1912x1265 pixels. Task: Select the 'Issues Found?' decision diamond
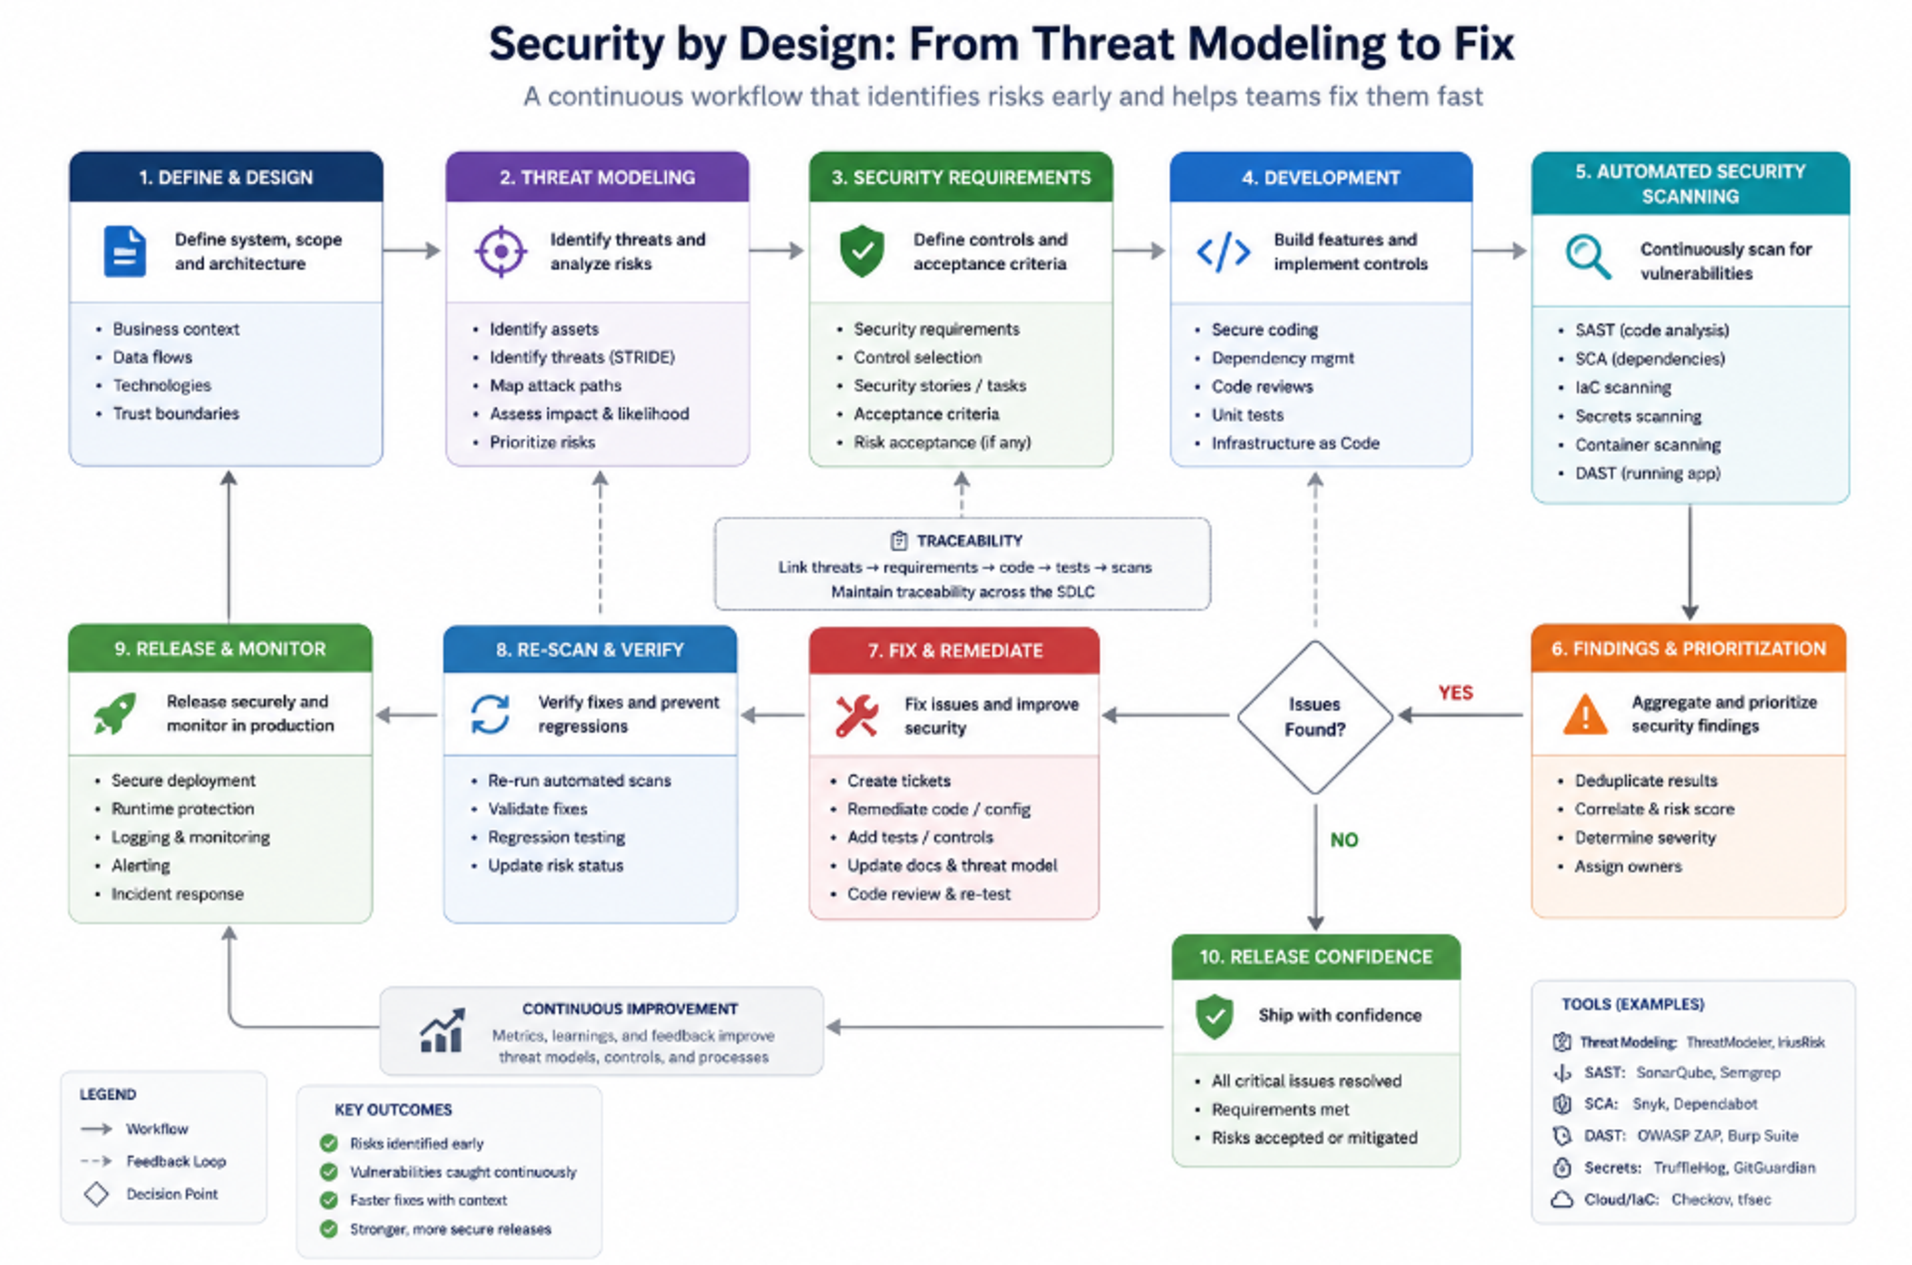[1315, 716]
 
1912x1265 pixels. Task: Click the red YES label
[1455, 692]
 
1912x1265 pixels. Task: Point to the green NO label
[1344, 840]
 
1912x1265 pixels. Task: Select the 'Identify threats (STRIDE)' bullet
[582, 356]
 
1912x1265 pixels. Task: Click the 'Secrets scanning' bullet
[1638, 416]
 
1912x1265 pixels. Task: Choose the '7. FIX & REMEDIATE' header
[955, 650]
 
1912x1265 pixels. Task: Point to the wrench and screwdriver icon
[857, 715]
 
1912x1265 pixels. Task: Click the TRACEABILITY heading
[969, 541]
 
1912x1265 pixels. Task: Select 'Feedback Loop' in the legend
[176, 1161]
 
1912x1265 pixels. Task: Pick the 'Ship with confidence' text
[1340, 1015]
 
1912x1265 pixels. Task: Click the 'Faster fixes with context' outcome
[428, 1200]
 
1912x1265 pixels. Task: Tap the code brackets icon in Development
[1223, 252]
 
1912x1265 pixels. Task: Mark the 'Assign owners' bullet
[1628, 866]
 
